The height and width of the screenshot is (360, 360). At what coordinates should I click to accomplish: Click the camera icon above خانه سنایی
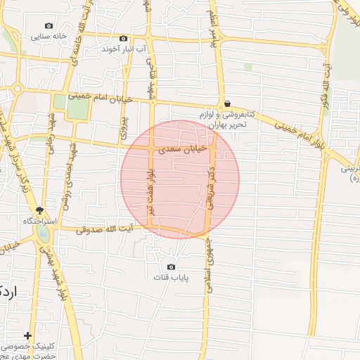click(x=49, y=25)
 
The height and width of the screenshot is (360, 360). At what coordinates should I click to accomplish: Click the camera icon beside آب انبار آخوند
click(x=124, y=38)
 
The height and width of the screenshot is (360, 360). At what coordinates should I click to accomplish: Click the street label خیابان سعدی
click(x=181, y=148)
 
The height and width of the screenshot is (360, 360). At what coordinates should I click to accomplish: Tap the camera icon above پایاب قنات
click(x=171, y=266)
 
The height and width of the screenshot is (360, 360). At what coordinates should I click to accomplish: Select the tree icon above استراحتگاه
click(x=40, y=210)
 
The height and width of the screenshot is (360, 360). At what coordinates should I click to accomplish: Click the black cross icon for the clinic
click(x=27, y=336)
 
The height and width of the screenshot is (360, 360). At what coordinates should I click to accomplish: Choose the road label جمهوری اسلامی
click(x=210, y=264)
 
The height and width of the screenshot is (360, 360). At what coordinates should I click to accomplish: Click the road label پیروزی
click(x=124, y=124)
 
